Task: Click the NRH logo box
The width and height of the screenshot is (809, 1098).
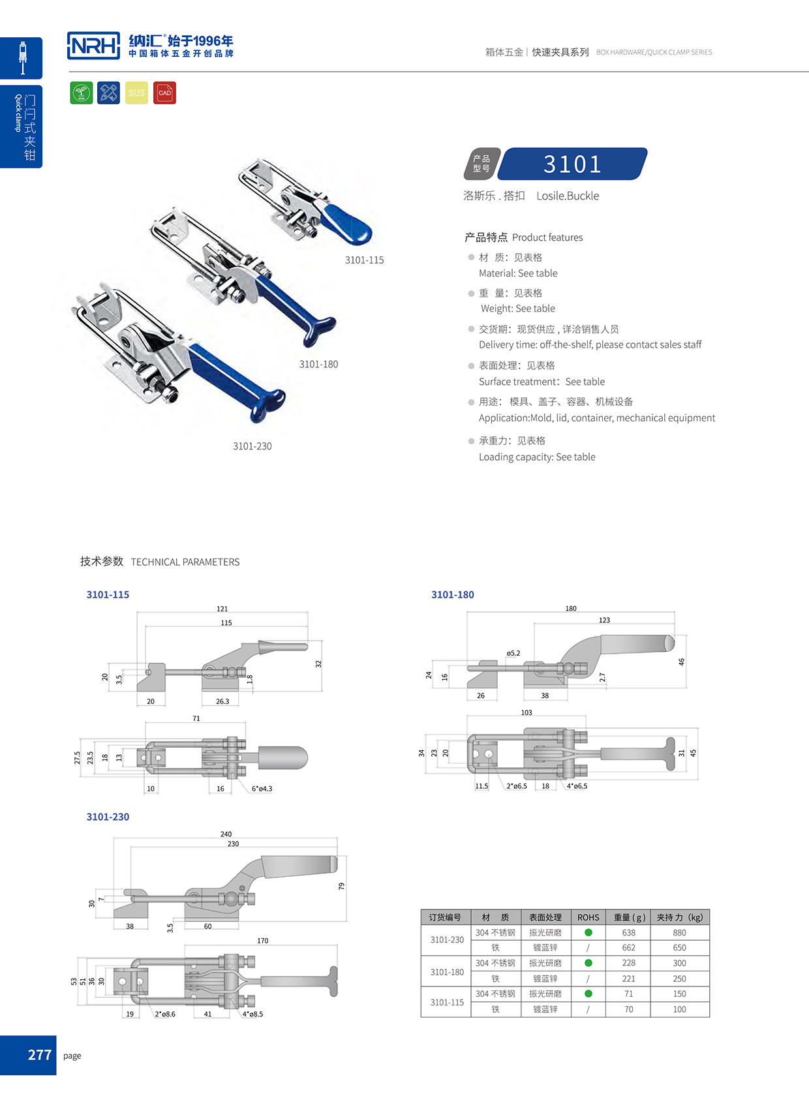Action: coord(93,46)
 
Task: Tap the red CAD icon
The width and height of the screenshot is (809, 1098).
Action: coord(164,93)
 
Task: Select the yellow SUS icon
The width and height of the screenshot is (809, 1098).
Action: coord(136,93)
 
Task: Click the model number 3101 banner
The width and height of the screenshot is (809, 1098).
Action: coord(572,164)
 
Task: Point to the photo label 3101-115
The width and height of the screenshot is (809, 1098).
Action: coord(364,260)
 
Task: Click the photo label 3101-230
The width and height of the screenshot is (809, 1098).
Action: coord(252,446)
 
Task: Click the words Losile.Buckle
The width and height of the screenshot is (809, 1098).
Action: coord(567,196)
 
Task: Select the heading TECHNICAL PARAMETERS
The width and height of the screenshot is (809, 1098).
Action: coord(185,562)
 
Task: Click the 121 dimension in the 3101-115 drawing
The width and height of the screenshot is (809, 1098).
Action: coord(222,609)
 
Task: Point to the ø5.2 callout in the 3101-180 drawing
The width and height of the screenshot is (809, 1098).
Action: coord(513,653)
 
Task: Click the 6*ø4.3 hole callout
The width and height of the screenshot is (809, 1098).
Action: coord(262,789)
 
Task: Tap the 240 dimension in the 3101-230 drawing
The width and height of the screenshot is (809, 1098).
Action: coord(226,834)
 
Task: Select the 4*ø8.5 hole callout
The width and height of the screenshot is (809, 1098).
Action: coord(252,1014)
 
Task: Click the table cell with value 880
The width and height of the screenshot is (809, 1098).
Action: coord(679,933)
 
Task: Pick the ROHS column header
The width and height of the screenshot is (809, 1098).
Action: coord(588,917)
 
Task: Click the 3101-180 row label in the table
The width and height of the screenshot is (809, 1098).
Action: coord(447,971)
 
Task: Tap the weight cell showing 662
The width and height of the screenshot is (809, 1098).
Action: coord(628,948)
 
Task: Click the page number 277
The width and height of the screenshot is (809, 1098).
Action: coord(39,1055)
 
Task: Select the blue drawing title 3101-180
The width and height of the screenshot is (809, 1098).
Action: coord(452,594)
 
